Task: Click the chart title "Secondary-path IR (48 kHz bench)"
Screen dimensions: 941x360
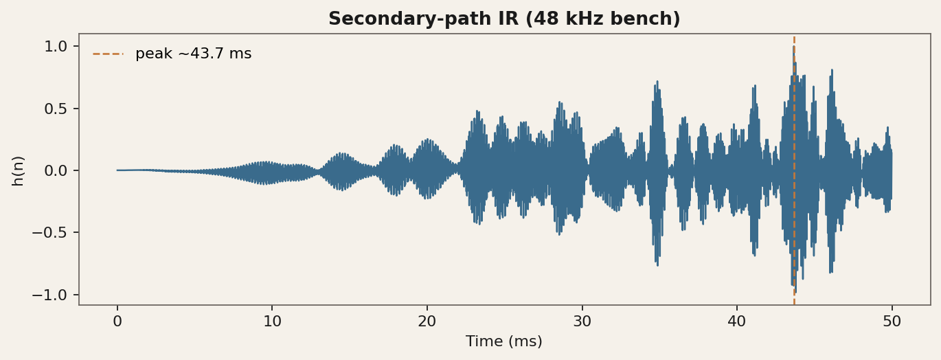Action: point(504,19)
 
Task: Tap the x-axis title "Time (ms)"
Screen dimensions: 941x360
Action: point(504,341)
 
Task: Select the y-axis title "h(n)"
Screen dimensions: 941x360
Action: point(18,170)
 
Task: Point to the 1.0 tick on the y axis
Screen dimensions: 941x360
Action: point(56,46)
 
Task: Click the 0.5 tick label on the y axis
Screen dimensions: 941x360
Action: point(56,109)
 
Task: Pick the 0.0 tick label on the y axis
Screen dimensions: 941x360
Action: point(56,170)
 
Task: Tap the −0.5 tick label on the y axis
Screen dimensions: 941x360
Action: point(49,232)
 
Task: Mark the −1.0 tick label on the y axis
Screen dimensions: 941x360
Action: point(49,295)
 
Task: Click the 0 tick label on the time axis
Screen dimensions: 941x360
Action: point(117,322)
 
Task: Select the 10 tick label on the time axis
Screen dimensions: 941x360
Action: point(272,322)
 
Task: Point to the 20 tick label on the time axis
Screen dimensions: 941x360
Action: point(427,322)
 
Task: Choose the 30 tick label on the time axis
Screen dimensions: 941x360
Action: point(582,322)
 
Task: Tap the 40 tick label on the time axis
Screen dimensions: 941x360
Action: point(737,322)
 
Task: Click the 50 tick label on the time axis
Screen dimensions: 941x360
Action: point(892,322)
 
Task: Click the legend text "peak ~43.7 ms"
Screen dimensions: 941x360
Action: point(194,54)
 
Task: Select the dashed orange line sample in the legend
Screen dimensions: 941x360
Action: point(109,54)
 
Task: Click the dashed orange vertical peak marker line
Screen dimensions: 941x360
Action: point(794,170)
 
